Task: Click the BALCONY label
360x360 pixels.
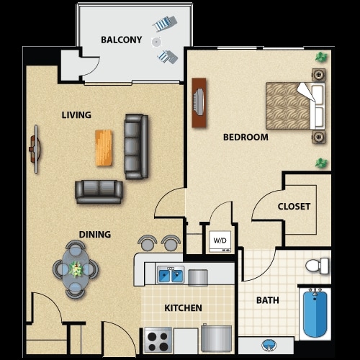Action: (121, 40)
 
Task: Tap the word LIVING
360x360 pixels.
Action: (76, 114)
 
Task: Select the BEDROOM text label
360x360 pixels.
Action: (245, 137)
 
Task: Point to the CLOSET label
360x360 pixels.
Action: (294, 207)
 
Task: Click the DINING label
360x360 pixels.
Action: (95, 234)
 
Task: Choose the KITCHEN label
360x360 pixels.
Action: (183, 308)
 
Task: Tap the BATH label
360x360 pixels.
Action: (268, 300)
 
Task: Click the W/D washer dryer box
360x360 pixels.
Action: (219, 240)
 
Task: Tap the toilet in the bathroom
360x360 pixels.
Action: (316, 266)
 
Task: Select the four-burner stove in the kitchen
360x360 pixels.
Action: (158, 338)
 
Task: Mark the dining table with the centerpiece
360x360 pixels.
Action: (75, 269)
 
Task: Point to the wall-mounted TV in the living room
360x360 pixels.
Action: (34, 150)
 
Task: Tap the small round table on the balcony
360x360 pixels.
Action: (157, 42)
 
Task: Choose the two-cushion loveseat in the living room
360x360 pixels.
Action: (99, 191)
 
